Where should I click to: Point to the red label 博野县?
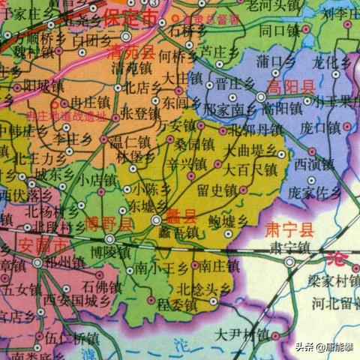coord(110,223)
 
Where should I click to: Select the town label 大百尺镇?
coord(251,169)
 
